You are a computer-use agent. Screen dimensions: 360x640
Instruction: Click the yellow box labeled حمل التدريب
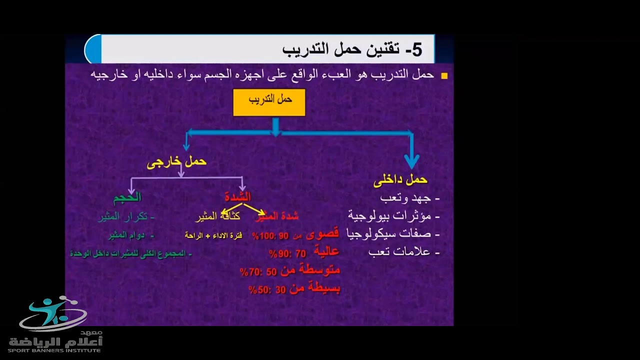tap(269, 102)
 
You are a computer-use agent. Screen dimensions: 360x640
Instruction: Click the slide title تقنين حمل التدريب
tap(352, 49)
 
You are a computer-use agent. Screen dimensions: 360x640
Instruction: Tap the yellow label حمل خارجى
tap(176, 162)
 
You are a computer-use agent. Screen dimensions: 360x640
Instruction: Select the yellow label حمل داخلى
tap(400, 180)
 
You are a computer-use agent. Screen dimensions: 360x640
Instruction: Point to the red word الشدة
tap(237, 196)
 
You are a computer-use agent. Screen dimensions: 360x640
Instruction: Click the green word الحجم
tap(127, 197)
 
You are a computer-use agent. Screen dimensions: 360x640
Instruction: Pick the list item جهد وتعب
tap(409, 198)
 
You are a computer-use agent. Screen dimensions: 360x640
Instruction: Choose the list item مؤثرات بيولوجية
tap(393, 216)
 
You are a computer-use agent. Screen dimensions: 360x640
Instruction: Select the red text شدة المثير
tap(276, 216)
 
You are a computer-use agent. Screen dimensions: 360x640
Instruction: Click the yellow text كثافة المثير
tap(217, 216)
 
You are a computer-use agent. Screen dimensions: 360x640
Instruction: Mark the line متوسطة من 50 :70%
tap(290, 271)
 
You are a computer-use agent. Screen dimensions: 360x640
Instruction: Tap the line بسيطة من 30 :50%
tap(294, 289)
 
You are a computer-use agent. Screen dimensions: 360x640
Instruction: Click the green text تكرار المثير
tap(126, 216)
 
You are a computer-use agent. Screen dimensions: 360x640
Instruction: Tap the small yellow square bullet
tap(444, 76)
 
